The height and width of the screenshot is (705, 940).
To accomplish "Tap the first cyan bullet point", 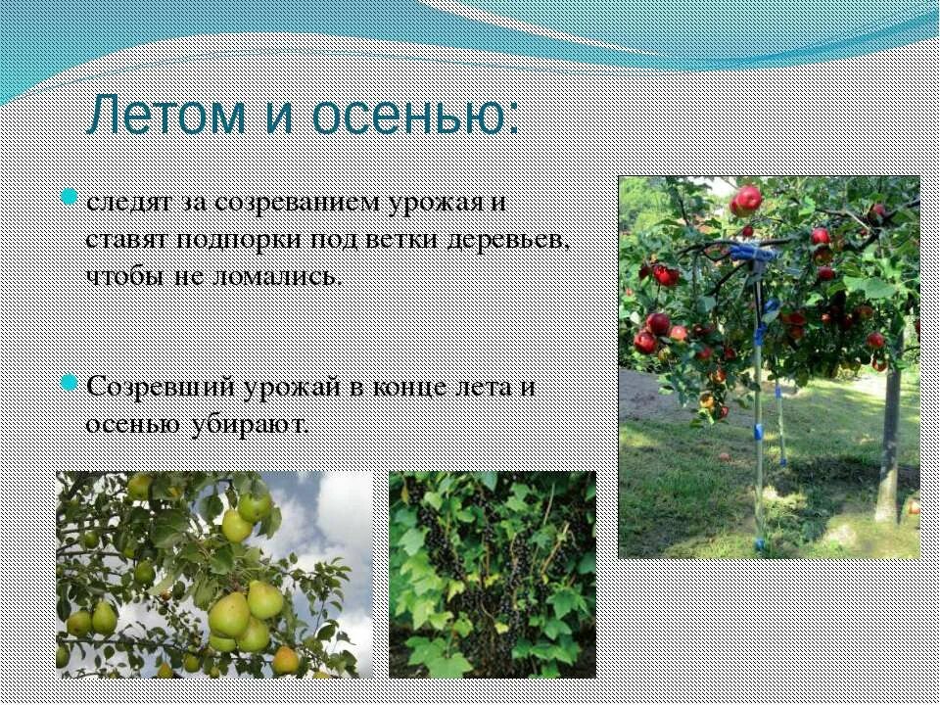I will tap(70, 196).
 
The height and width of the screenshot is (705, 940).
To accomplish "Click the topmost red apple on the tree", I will tap(747, 200).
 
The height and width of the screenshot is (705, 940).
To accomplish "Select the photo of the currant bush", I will tap(492, 574).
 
